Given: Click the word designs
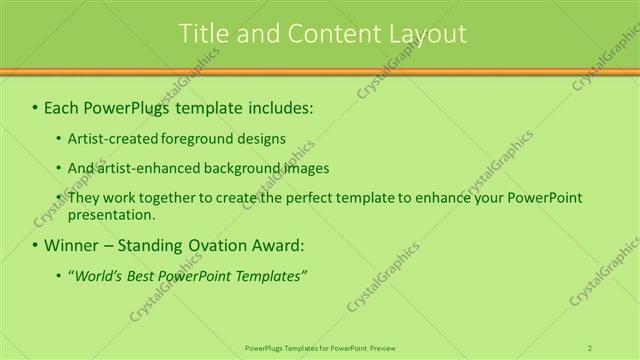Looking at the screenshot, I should coord(262,139).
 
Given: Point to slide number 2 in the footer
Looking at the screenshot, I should coord(590,348).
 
